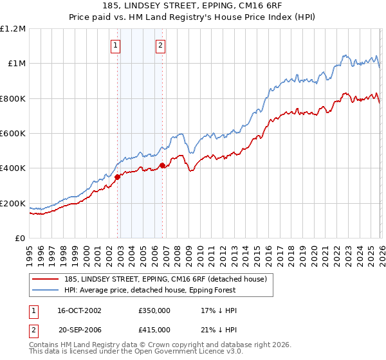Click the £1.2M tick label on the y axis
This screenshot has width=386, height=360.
point(13,28)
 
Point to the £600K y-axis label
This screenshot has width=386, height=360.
point(13,134)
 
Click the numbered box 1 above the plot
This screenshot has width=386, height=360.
point(115,45)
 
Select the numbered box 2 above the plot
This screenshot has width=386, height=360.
point(160,45)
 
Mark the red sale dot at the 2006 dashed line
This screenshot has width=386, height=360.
point(162,166)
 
